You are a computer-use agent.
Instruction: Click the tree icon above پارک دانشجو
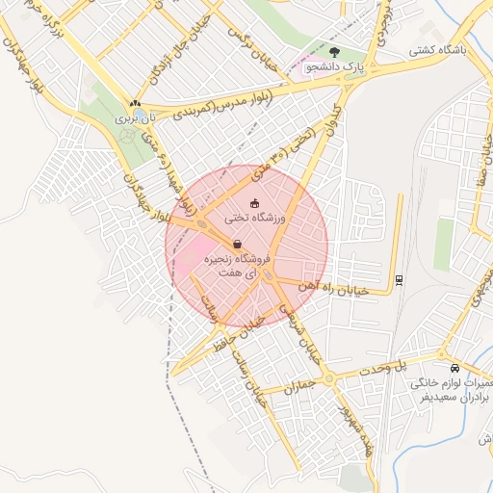tap(334, 53)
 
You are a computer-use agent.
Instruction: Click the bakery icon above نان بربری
tap(135, 105)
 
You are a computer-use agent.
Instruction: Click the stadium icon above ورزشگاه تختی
tap(254, 203)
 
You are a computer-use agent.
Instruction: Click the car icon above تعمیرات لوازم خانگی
tap(454, 368)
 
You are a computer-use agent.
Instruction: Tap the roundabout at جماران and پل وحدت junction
tap(329, 378)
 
